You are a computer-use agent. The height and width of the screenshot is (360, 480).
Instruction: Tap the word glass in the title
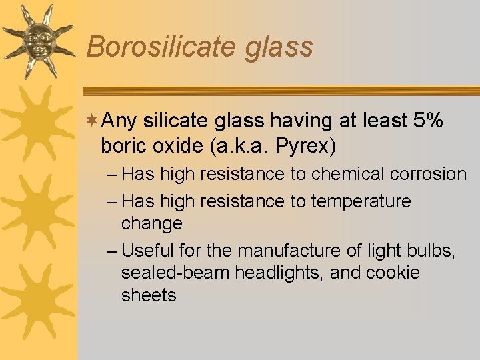coord(281,47)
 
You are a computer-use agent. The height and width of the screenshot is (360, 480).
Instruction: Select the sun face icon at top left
coord(36,40)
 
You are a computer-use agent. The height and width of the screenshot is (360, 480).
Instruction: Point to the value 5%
coord(429,121)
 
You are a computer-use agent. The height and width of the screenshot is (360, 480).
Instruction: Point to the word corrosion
coord(427,174)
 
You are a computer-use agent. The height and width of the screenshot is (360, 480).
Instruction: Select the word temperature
coord(361,201)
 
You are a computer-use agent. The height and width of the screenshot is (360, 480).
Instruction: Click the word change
coord(151,223)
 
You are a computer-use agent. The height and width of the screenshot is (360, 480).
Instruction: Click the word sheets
coord(149,295)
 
